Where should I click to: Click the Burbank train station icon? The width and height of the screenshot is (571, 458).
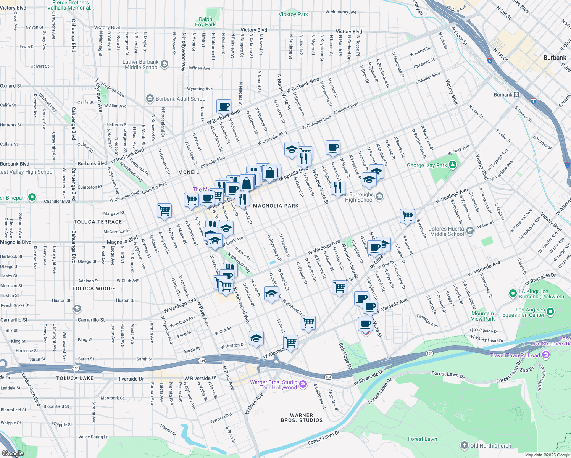tap(516, 95)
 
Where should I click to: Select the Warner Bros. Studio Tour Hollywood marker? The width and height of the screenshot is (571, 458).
tap(303, 384)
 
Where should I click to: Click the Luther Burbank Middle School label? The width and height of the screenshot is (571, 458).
tap(140, 65)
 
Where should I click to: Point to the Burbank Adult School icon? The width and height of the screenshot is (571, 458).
tap(150, 99)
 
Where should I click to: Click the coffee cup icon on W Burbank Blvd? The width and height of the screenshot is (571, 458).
tap(224, 106)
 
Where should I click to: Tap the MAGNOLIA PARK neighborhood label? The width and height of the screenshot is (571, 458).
tap(276, 206)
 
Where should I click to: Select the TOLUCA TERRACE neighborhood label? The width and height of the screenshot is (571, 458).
tap(98, 222)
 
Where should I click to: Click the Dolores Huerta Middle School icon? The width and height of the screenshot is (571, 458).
tap(470, 231)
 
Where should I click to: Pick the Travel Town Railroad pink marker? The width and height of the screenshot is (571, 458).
tap(545, 355)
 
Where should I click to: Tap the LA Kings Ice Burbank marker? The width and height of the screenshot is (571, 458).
tap(513, 294)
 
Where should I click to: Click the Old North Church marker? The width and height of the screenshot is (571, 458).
tap(464, 445)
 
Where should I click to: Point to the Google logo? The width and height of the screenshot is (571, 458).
tap(13, 453)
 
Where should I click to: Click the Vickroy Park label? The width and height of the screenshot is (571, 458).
tap(293, 14)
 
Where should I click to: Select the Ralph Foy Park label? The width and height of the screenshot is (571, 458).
tap(205, 22)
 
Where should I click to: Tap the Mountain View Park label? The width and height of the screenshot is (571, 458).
tap(482, 316)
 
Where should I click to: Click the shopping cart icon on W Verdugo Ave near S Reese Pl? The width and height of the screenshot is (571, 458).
tap(407, 216)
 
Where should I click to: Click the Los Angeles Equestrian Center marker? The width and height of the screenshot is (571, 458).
tap(550, 312)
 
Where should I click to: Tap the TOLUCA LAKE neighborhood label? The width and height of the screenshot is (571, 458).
tap(75, 378)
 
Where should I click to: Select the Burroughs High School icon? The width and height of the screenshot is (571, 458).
tap(379, 197)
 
